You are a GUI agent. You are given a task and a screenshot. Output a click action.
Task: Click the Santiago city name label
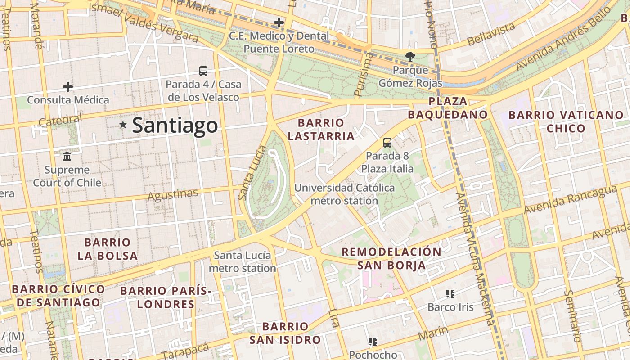click(175, 126)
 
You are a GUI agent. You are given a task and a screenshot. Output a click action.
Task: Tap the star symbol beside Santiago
click(123, 125)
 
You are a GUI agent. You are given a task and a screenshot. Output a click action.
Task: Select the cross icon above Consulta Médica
click(68, 87)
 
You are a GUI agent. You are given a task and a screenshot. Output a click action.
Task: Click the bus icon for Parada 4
click(203, 71)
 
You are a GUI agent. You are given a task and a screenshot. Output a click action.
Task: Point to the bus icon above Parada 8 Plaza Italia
click(387, 143)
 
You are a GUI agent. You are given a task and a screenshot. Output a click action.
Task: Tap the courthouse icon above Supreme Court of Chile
click(67, 157)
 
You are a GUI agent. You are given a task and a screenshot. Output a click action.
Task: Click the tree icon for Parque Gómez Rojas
click(410, 57)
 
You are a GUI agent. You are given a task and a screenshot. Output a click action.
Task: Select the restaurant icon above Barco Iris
click(450, 294)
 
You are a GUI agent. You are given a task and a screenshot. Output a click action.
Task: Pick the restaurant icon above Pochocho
click(373, 342)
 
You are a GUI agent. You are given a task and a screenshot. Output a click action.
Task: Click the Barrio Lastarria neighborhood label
click(321, 129)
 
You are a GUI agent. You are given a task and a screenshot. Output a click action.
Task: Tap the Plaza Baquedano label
click(448, 108)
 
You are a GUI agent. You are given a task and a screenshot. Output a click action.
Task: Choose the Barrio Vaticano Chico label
click(566, 121)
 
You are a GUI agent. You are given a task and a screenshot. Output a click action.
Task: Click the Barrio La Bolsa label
click(108, 249)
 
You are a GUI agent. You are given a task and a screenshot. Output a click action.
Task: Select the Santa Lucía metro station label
click(243, 262)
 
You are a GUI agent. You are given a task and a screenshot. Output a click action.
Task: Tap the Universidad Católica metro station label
click(344, 194)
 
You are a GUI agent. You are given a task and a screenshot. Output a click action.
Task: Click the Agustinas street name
click(173, 195)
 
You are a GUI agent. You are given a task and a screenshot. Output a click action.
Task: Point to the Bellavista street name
click(491, 34)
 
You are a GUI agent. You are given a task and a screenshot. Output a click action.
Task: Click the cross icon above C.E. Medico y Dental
click(279, 22)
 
